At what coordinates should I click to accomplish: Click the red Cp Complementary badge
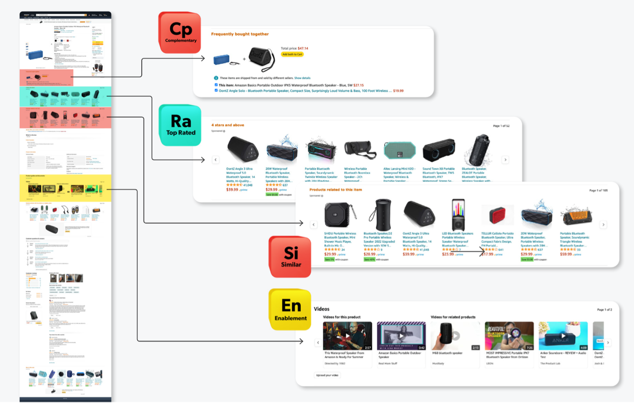click(x=180, y=33)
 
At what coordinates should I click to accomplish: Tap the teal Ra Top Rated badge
click(x=181, y=125)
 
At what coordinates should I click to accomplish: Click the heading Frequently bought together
click(x=240, y=34)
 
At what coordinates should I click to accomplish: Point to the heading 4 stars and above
click(x=228, y=125)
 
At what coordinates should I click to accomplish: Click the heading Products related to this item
click(x=335, y=190)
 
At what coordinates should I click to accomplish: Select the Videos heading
click(x=321, y=309)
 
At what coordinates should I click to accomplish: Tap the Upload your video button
click(x=327, y=375)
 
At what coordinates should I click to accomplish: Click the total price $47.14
click(x=303, y=49)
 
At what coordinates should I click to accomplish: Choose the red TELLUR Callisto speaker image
click(x=497, y=215)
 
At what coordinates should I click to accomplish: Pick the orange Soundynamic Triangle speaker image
click(x=576, y=215)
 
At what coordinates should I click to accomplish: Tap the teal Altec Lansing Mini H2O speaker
click(x=399, y=151)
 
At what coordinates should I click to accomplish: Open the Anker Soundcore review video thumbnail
click(x=563, y=336)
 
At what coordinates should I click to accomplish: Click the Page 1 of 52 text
click(x=501, y=126)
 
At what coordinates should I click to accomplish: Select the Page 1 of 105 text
click(x=598, y=191)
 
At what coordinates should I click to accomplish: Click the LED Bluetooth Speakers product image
click(x=458, y=215)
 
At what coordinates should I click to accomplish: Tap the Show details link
click(x=302, y=78)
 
